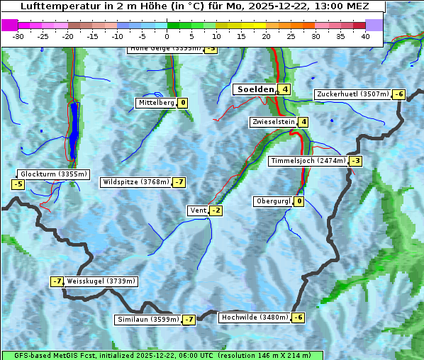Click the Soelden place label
[255, 89]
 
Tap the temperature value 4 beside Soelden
[284, 89]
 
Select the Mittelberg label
[156, 103]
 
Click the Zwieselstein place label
[273, 122]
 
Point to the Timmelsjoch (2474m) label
[308, 161]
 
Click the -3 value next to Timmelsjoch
[355, 161]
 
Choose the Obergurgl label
[273, 201]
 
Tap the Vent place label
[198, 210]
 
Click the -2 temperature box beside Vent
[216, 210]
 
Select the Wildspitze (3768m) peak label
[136, 182]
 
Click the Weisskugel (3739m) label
[101, 281]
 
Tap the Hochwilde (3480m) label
[255, 317]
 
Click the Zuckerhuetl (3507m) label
[352, 94]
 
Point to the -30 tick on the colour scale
[18, 36]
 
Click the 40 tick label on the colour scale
[365, 36]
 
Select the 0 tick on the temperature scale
[167, 36]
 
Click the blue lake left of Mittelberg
[74, 128]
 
